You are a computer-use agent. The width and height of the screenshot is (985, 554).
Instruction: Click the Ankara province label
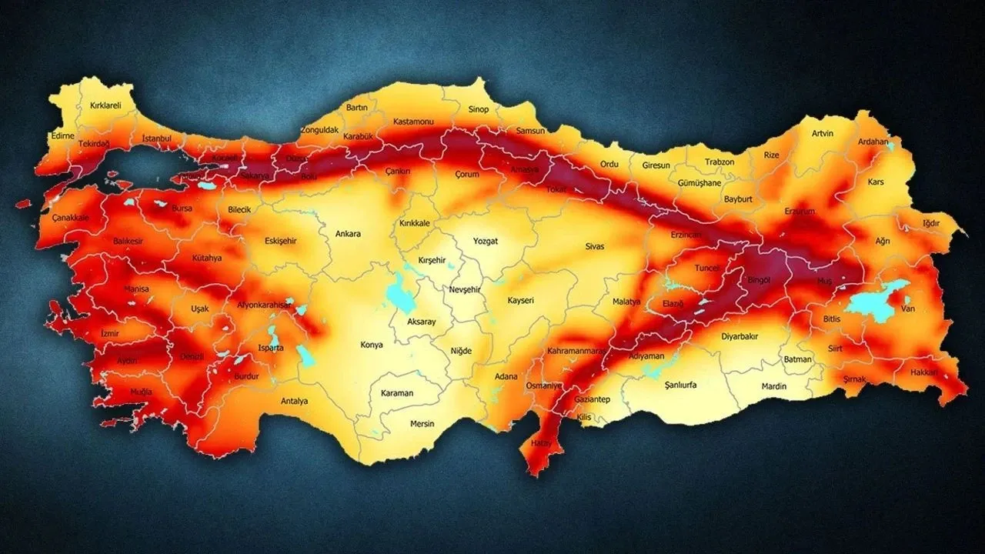tap(348, 234)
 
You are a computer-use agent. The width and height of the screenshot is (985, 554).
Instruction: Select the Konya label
tap(371, 345)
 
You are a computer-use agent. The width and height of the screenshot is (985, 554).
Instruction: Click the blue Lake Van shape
tap(873, 302)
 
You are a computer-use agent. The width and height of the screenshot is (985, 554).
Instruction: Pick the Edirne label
tap(62, 135)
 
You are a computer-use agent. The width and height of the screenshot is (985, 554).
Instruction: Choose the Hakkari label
tap(923, 372)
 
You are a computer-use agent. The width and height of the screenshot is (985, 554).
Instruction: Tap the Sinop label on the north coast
tap(478, 109)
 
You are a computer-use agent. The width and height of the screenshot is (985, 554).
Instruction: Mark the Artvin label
tap(822, 133)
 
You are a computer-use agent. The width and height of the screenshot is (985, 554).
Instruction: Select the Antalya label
tap(294, 401)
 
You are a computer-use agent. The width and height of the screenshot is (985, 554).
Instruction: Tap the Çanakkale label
tap(71, 218)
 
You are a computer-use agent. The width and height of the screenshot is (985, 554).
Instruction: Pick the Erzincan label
tap(686, 234)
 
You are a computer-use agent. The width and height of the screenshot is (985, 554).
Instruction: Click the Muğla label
tap(141, 392)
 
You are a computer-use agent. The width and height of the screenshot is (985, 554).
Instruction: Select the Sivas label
tap(594, 246)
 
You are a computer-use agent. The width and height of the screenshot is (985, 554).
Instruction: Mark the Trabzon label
tap(720, 162)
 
